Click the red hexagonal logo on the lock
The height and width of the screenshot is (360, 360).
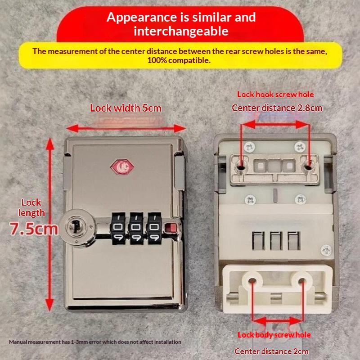(122, 167)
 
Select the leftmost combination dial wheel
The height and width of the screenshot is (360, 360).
(118, 228)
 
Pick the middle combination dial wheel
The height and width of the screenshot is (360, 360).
(136, 228)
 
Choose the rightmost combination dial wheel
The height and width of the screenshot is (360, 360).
(154, 228)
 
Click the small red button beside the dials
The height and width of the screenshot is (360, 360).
(171, 228)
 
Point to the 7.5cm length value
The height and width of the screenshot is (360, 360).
(34, 229)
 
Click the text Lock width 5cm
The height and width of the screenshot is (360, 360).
(126, 108)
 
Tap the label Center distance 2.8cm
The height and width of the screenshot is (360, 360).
(277, 108)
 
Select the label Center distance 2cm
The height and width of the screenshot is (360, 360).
(271, 351)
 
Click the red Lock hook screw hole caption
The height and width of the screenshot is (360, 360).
(275, 94)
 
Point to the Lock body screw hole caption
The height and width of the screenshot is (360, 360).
(274, 335)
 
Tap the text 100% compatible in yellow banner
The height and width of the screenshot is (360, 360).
(179, 60)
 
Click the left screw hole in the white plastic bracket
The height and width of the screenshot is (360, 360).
(252, 280)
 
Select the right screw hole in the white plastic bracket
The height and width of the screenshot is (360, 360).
(301, 280)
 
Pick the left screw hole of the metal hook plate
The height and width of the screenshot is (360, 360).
(240, 167)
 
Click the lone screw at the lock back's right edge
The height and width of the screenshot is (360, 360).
(326, 251)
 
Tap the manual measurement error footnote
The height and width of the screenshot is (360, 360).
(95, 342)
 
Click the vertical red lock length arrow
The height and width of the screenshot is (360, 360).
(49, 224)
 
